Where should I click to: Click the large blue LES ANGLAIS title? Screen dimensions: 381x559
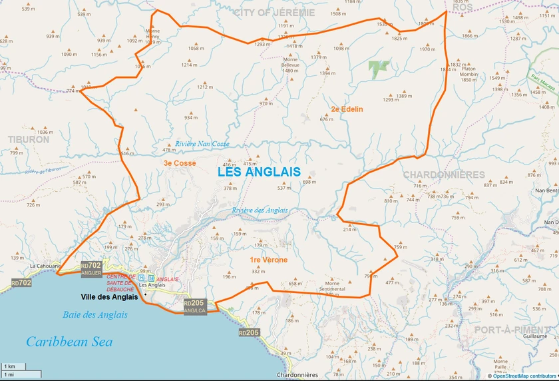coord(259,172)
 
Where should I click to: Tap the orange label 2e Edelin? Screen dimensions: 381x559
coord(347,109)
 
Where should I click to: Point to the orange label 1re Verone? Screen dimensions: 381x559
coord(268,260)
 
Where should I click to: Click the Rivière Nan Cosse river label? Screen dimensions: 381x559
coord(202,144)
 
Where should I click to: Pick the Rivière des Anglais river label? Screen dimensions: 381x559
coord(260,210)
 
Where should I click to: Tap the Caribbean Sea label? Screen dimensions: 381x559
coord(69,342)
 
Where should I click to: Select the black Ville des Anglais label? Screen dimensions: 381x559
coord(109,297)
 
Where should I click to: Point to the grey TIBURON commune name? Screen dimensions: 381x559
coord(29,139)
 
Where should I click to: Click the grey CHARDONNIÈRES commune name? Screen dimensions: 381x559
coord(443,175)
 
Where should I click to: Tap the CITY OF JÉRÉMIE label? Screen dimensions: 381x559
coord(274,13)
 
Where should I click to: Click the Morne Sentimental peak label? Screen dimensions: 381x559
coord(332,286)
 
